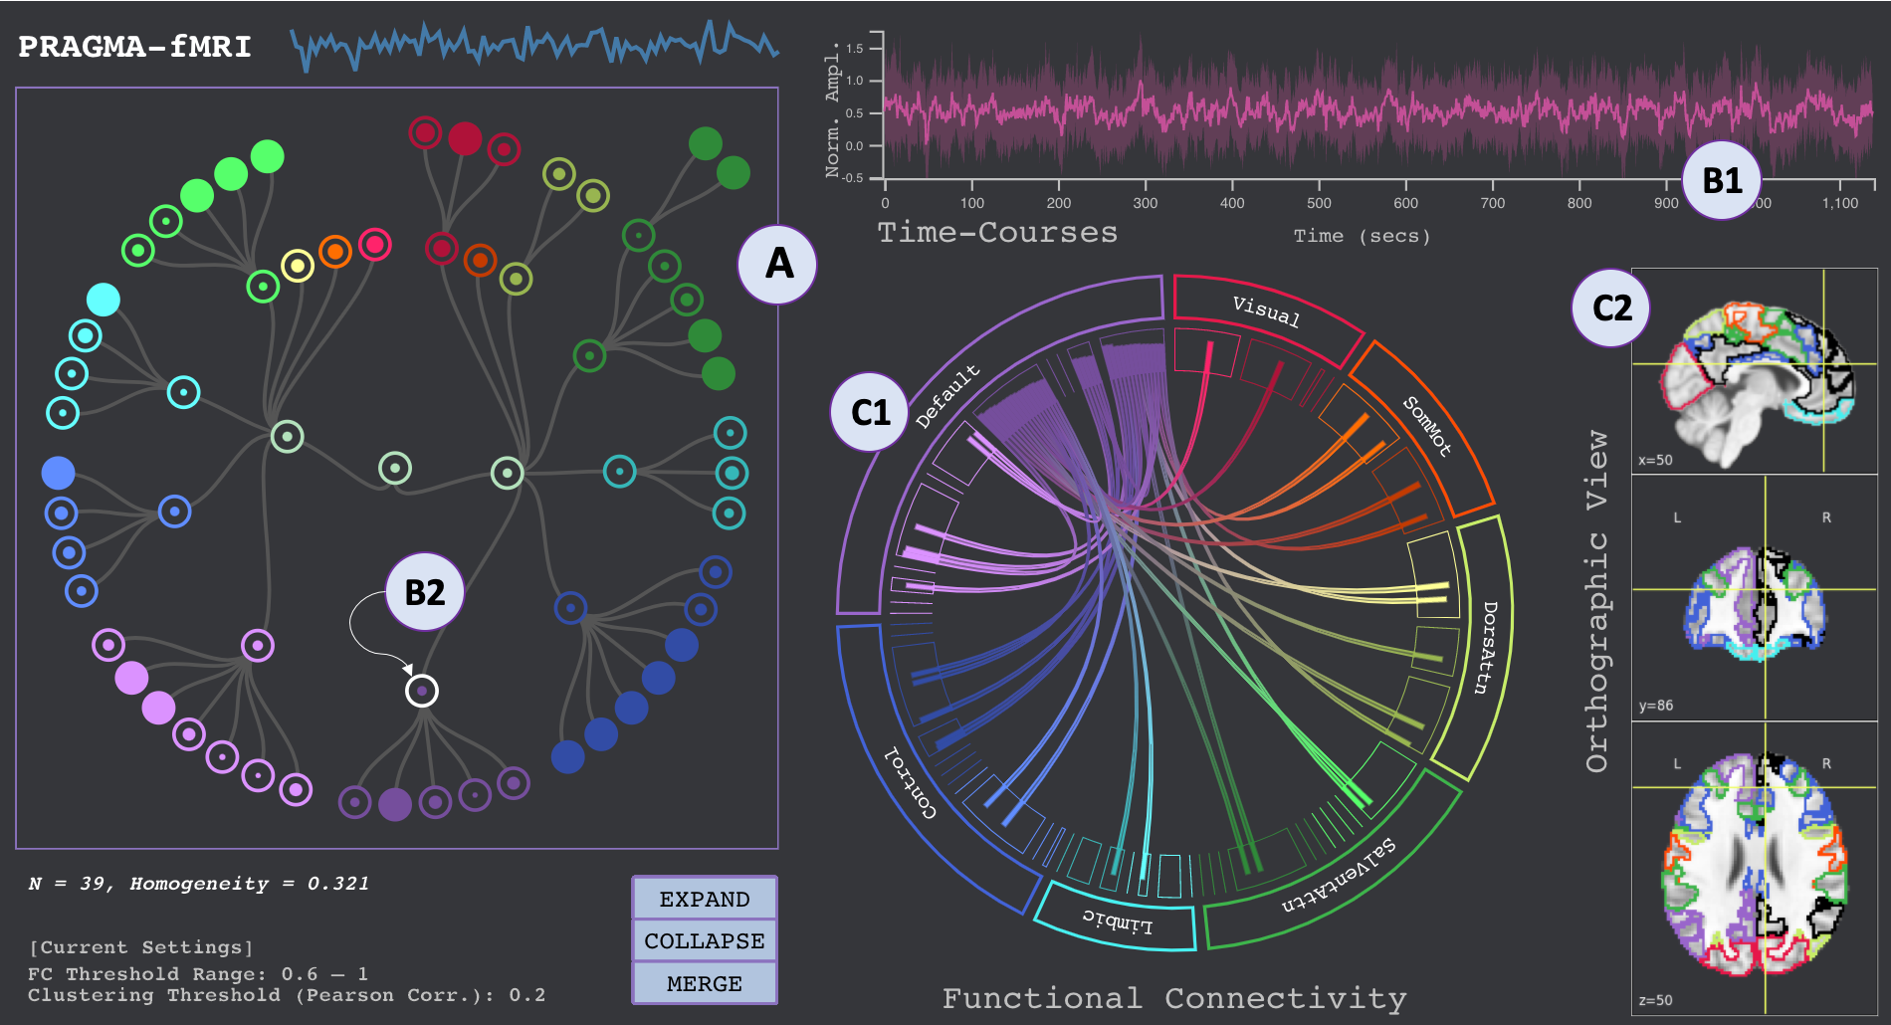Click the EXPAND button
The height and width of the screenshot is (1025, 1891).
pos(704,899)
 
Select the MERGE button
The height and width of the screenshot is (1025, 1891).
pos(704,983)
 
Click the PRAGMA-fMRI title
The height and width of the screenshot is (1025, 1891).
pos(134,47)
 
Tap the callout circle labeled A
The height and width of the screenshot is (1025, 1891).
pos(778,264)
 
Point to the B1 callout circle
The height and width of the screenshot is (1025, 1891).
pos(1722,180)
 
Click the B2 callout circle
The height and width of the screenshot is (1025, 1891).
pos(425,592)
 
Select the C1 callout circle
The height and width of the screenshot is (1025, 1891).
pos(870,412)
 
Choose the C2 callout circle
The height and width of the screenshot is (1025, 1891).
pos(1611,307)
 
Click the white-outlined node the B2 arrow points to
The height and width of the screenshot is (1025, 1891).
pos(422,690)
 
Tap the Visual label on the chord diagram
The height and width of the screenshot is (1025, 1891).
pos(1266,311)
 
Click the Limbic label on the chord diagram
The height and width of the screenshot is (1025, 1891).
pos(1117,922)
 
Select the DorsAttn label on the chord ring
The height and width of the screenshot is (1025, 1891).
pos(1485,647)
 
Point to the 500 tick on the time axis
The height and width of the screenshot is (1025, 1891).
pos(1319,203)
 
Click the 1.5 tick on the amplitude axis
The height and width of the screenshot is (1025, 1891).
pos(854,49)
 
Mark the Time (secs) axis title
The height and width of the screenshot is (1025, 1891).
pos(1362,236)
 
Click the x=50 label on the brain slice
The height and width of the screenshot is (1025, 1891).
pos(1655,460)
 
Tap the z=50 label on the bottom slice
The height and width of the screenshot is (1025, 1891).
pos(1655,1000)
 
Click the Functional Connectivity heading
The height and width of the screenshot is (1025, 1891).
pos(1174,998)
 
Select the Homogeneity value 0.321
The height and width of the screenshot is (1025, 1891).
pos(338,884)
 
